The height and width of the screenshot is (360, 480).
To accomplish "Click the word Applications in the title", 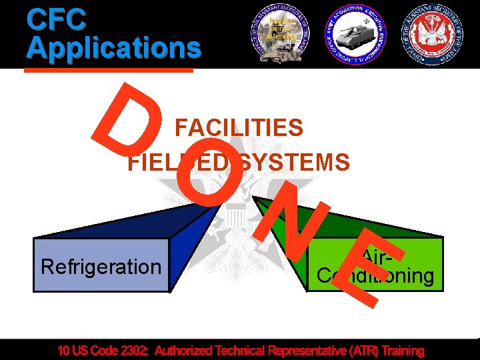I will tap(114, 47).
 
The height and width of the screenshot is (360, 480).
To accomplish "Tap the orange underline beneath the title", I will tap(110, 69).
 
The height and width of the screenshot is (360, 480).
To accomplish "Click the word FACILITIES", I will tap(239, 127).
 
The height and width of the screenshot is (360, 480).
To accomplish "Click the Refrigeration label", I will tap(101, 267).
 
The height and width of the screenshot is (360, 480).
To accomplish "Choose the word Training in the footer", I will tap(399, 351).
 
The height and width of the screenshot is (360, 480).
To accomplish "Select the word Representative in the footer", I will tap(295, 351).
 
